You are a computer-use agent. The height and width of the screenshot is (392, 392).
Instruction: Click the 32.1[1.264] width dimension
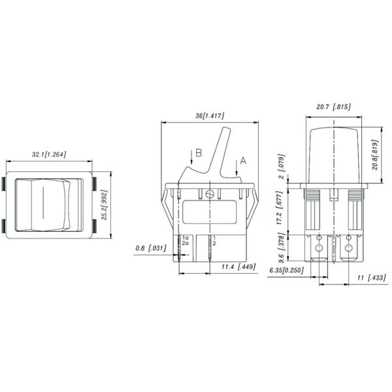click(49, 154)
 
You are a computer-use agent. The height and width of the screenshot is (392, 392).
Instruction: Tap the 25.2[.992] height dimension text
click(105, 205)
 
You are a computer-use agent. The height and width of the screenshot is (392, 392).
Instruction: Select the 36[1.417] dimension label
click(210, 116)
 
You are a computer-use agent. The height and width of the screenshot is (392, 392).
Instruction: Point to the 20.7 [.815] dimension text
click(333, 107)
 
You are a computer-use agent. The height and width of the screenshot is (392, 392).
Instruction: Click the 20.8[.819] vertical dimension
click(375, 155)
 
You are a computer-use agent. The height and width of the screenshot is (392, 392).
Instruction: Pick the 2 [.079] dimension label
click(282, 166)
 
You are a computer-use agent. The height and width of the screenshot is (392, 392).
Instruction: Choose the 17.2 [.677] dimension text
click(280, 208)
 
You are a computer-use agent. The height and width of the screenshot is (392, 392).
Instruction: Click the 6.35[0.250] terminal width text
click(287, 270)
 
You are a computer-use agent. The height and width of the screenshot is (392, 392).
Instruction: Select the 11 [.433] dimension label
click(372, 278)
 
